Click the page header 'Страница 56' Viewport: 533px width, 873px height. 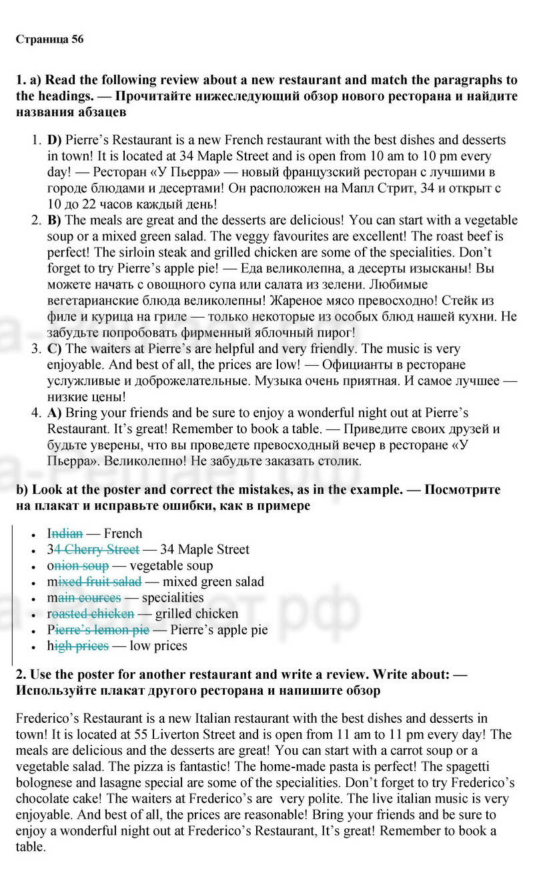click(x=49, y=39)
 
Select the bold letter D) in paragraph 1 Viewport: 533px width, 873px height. click(x=55, y=140)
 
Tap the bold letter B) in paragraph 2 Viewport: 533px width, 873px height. click(x=55, y=220)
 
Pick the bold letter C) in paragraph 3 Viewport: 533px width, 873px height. click(x=55, y=348)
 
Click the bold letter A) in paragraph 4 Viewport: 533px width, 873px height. click(x=55, y=412)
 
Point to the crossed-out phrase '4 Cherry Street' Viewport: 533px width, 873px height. click(x=97, y=549)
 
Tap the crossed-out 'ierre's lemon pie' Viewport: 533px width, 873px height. click(x=101, y=629)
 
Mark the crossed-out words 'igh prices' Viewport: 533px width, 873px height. click(x=81, y=645)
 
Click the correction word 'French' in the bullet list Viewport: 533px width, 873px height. click(x=123, y=533)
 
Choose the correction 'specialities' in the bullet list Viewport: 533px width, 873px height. click(x=173, y=597)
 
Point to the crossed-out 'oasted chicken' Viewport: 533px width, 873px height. click(x=93, y=613)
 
